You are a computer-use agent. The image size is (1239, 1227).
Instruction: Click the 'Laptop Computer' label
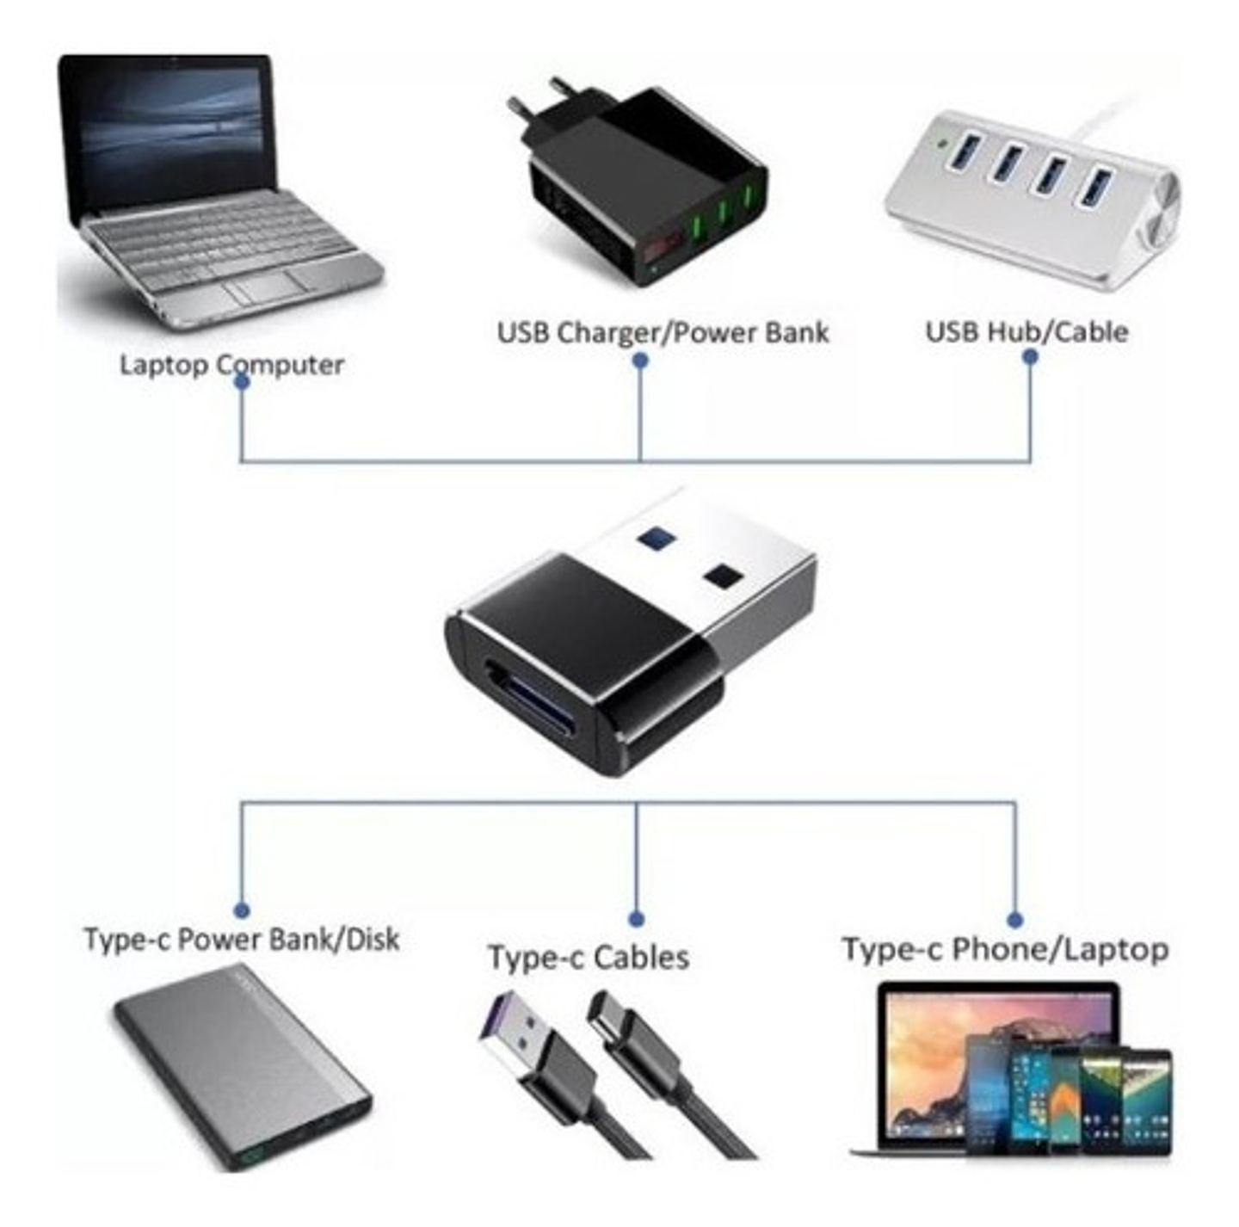(x=231, y=365)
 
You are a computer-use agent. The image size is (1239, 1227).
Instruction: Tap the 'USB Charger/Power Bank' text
(x=663, y=333)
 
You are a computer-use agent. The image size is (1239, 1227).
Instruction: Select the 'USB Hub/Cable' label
(x=1026, y=332)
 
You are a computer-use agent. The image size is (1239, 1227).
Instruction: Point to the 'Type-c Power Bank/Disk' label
(x=242, y=939)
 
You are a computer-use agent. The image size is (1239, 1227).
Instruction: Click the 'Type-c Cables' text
(x=589, y=958)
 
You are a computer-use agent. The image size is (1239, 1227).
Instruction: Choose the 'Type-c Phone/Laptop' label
(x=1005, y=949)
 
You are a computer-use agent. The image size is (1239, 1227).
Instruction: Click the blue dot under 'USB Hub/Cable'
(x=1030, y=356)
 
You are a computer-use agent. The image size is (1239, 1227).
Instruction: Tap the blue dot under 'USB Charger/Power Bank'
(x=640, y=361)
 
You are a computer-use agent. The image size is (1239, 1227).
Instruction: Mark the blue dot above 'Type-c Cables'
(x=636, y=919)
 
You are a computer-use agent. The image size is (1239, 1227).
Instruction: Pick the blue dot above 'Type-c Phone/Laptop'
(x=1014, y=919)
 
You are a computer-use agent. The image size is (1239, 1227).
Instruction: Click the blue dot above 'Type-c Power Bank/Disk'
(x=242, y=910)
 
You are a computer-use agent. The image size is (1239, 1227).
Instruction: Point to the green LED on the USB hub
(x=946, y=145)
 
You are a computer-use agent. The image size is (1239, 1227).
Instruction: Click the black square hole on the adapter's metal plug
(x=723, y=577)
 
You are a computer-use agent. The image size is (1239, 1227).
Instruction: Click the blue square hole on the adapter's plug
(x=656, y=538)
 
